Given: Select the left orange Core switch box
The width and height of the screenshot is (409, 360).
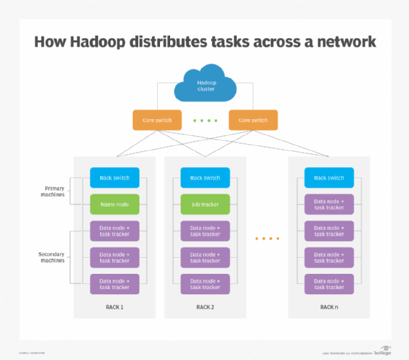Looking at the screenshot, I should pyautogui.click(x=156, y=120).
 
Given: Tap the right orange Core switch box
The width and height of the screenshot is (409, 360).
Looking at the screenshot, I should pyautogui.click(x=253, y=120).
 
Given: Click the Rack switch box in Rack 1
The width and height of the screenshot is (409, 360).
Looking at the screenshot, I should pyautogui.click(x=114, y=177).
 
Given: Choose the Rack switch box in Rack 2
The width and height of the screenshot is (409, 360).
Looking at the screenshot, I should pyautogui.click(x=205, y=177).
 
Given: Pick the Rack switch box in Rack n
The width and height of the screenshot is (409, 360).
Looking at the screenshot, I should pyautogui.click(x=329, y=177).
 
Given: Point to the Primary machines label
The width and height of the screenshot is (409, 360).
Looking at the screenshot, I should pyautogui.click(x=51, y=191).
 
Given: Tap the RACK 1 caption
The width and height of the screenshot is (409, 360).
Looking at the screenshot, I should pyautogui.click(x=114, y=307).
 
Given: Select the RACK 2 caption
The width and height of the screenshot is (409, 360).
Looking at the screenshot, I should pyautogui.click(x=205, y=307).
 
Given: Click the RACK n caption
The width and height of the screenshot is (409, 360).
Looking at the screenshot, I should pyautogui.click(x=329, y=307).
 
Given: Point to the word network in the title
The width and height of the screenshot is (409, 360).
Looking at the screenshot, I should pyautogui.click(x=341, y=41).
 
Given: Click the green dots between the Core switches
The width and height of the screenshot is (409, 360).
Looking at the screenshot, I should pyautogui.click(x=204, y=120).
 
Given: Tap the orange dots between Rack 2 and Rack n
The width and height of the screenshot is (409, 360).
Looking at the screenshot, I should pyautogui.click(x=267, y=239).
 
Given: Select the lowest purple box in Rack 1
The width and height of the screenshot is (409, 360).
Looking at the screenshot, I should pyautogui.click(x=114, y=283).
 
